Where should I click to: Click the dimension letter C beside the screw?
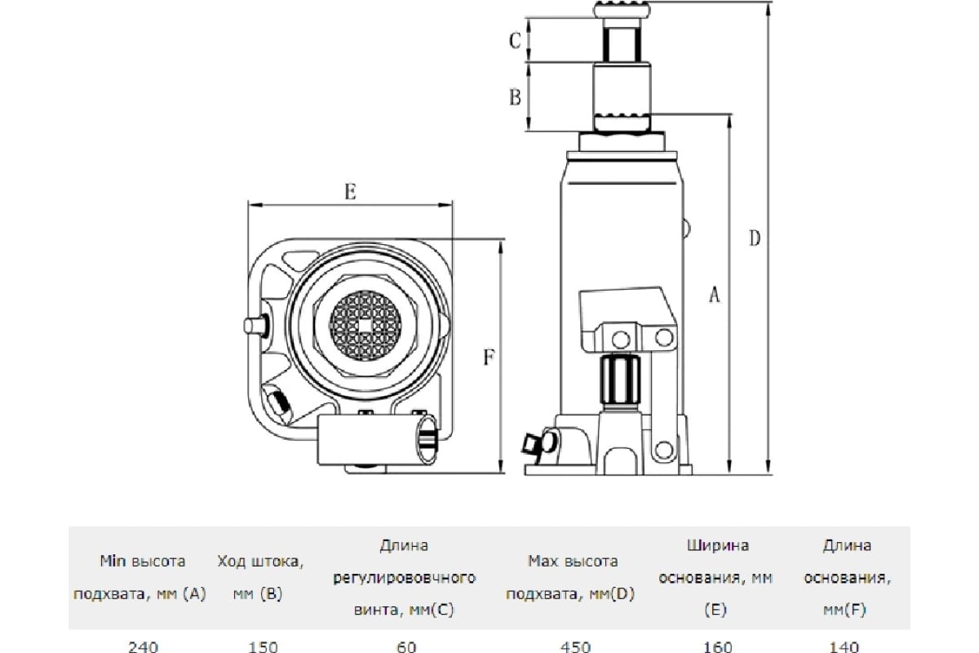click(515, 41)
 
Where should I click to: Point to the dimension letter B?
click(516, 97)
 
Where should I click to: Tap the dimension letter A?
click(714, 295)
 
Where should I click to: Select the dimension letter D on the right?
click(755, 238)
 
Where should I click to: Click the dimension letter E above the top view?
click(350, 192)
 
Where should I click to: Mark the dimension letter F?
click(489, 357)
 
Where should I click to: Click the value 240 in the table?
click(143, 646)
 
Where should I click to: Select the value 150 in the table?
click(263, 646)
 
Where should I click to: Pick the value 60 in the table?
click(406, 646)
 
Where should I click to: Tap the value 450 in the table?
click(576, 646)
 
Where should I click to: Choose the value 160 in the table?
click(718, 646)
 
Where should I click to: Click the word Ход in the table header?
click(232, 561)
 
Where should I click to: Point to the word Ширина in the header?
click(718, 545)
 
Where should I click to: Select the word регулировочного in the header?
click(405, 578)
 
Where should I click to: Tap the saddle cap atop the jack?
click(622, 10)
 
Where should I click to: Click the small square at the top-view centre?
click(365, 326)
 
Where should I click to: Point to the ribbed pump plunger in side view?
click(621, 380)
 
